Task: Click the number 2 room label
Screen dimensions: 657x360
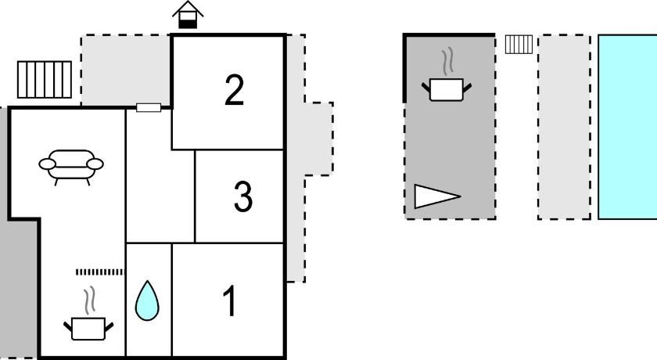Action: pos(234,90)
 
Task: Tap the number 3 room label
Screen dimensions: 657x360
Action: pos(243,196)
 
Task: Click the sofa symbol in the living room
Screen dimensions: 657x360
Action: pos(71,167)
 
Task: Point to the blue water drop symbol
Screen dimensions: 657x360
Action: pos(147,301)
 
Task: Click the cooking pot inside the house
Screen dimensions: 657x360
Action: pos(88,328)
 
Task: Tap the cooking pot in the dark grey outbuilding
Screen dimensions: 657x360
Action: pos(447,89)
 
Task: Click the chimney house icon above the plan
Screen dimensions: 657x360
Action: pos(188,15)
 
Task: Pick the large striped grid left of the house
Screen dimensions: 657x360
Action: pos(45,80)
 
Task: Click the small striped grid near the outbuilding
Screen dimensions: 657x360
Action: pos(519,45)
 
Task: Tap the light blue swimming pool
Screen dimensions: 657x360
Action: pos(627,127)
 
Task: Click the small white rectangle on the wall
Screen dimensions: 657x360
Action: pos(149,108)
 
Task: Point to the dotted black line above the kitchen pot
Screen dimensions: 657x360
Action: pos(100,272)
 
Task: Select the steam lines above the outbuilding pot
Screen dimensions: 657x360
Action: pos(448,62)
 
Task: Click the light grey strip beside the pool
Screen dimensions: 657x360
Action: pos(565,127)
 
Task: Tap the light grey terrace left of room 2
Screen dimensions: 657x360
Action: pos(126,70)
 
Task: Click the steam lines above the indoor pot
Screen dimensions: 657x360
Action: pos(89,301)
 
